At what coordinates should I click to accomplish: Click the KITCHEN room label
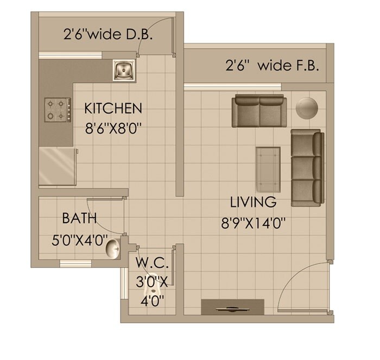point(113,108)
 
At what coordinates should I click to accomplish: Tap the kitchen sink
point(124,70)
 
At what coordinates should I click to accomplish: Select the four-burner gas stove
point(58,109)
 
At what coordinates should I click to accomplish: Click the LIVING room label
point(254,203)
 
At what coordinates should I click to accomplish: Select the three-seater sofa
point(307,168)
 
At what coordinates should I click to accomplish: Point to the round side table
point(307,108)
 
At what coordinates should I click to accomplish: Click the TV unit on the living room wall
point(232,307)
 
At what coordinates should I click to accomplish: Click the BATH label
point(79,218)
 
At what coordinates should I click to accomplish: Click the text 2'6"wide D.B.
point(108,36)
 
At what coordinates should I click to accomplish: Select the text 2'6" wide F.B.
point(272,66)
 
